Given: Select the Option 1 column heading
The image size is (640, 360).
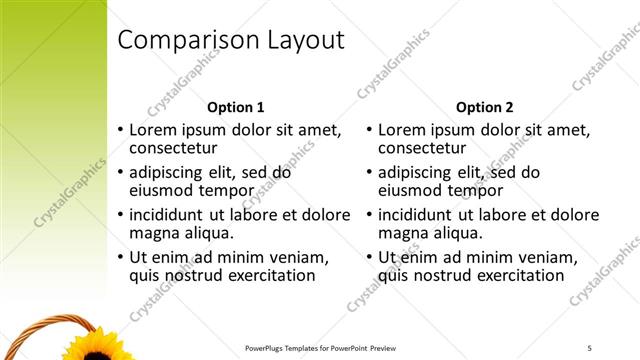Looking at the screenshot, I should (x=235, y=107).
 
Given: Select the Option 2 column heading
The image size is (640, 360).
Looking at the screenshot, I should (x=484, y=107).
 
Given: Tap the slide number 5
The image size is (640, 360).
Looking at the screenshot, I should (x=590, y=348).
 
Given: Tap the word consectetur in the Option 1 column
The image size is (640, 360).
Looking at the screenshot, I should (x=174, y=148).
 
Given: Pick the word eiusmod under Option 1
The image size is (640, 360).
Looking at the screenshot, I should (x=164, y=190).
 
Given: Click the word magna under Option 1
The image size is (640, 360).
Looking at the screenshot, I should (x=155, y=233).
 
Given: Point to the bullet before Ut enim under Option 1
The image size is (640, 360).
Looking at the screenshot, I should (x=120, y=257).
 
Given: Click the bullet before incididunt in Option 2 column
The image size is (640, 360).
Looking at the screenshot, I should (x=369, y=214).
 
